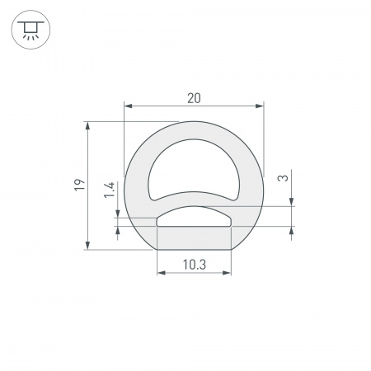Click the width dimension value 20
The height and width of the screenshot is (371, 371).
(194, 98)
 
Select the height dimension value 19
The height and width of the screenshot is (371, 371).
(77, 185)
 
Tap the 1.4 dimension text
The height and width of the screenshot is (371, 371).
(109, 192)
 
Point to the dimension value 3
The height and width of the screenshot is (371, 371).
(283, 178)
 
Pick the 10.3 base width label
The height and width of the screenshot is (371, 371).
(194, 265)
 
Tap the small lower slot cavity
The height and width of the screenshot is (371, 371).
(194, 217)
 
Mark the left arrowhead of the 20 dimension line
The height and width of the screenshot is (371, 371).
(127, 106)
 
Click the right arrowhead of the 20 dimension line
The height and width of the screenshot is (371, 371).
(260, 106)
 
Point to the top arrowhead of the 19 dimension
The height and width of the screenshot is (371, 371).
(87, 126)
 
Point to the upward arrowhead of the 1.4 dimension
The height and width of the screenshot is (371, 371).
(120, 230)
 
